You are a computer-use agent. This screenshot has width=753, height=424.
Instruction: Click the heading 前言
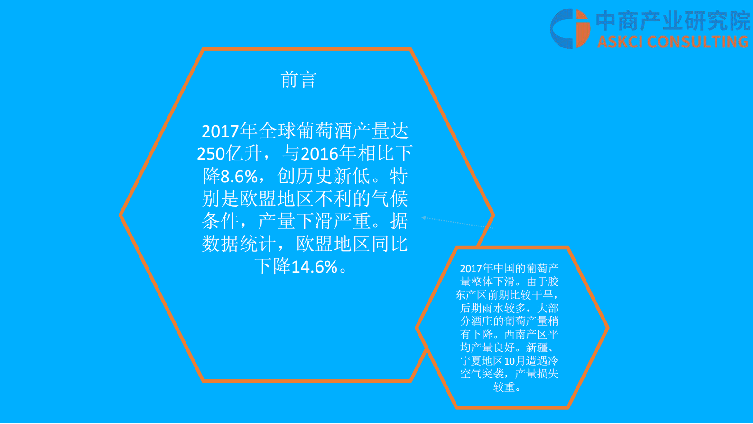(x=298, y=80)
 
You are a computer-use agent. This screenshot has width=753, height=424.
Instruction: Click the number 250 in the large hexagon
(x=211, y=154)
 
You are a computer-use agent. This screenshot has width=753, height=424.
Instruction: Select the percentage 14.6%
(x=314, y=267)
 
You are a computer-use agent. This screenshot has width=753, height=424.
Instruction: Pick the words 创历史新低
(x=323, y=177)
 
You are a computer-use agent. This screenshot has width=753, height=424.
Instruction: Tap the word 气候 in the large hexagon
(x=389, y=199)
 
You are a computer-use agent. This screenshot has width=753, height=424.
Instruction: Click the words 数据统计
(x=239, y=245)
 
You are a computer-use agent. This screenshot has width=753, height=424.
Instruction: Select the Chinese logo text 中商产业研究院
(x=673, y=21)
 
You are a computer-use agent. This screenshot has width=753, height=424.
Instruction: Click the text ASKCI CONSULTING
(x=673, y=42)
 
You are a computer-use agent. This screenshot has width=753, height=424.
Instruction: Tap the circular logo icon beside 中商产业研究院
(x=570, y=28)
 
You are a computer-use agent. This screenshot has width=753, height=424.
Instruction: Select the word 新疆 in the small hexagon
(x=537, y=348)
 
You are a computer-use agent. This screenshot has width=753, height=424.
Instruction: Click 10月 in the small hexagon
(x=515, y=361)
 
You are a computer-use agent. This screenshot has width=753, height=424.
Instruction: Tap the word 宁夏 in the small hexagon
(x=471, y=361)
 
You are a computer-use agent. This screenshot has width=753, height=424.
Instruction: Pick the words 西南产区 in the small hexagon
(x=526, y=335)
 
